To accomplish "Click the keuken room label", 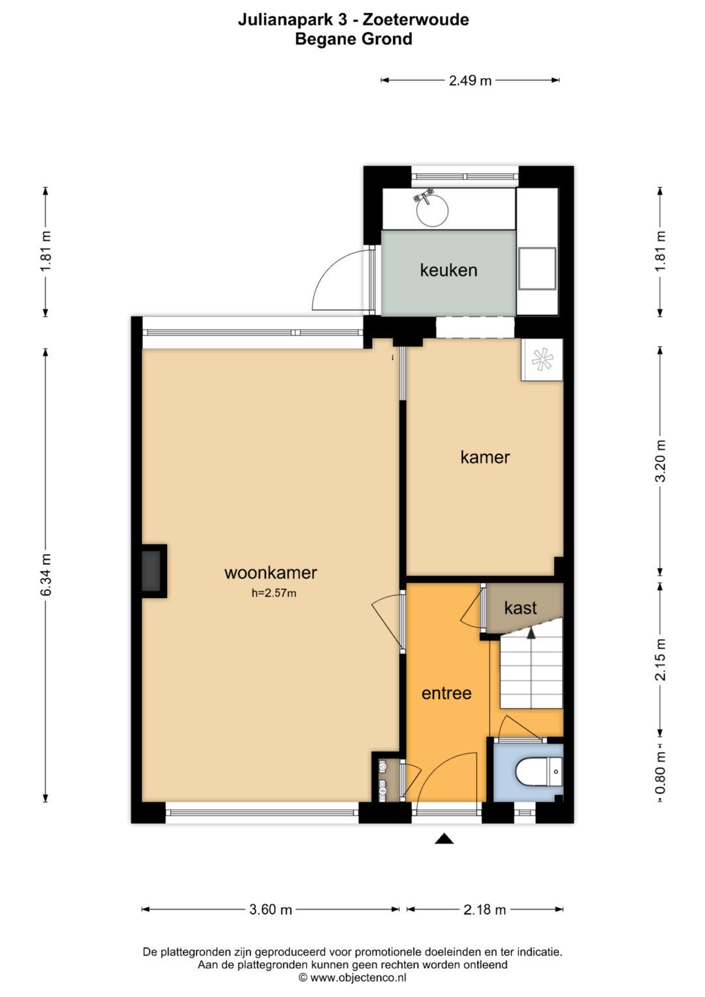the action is coord(448,270).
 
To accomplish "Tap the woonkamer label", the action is coord(271,573).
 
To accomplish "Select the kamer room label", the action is coord(484,457).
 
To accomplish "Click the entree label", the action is coord(446,693).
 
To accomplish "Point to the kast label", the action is coord(520,608).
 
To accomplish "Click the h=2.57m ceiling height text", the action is coord(274,593).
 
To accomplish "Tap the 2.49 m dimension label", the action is coord(470,80).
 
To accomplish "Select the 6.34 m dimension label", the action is coord(46,574).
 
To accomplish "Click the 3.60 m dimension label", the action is coord(271,909).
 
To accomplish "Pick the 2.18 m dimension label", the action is coord(484,909).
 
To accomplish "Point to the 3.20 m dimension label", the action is coord(660,461).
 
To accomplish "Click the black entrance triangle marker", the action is coord(444,838).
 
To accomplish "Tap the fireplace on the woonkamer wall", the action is coord(154,571).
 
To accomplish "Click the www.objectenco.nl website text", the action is coord(358,977).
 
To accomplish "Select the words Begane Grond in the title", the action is coord(353,39).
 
